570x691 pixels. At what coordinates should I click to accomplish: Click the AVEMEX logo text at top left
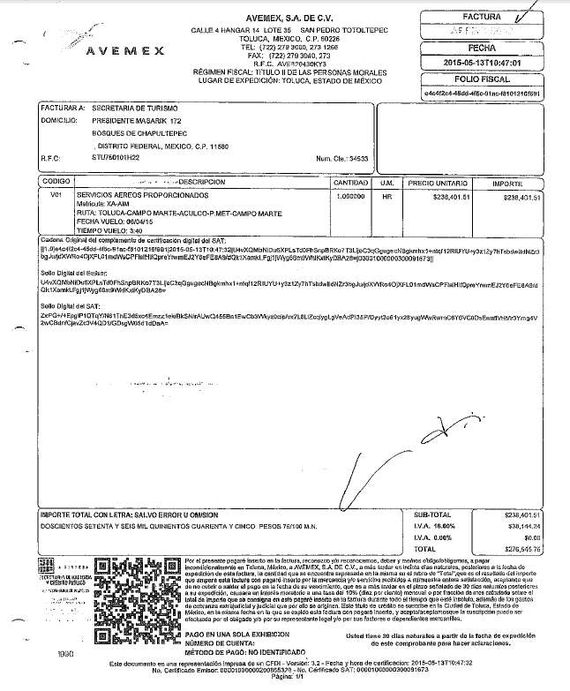[x=124, y=50]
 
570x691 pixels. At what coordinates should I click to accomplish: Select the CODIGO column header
[x=56, y=181]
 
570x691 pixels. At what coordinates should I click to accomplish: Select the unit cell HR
[x=386, y=196]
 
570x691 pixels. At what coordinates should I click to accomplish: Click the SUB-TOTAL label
[x=432, y=514]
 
